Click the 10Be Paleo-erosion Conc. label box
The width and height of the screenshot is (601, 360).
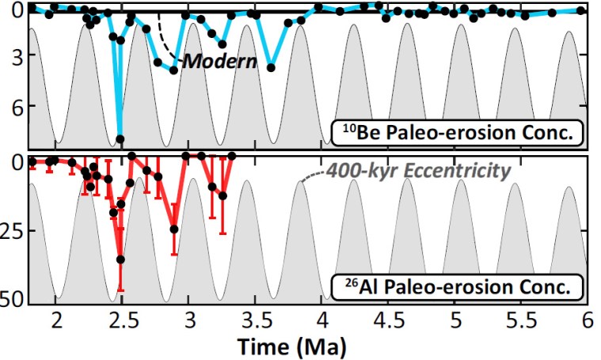point(457,131)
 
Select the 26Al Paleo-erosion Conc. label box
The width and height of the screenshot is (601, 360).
point(457,286)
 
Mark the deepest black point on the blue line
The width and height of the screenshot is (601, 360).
point(120,139)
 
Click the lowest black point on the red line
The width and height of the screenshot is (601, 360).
point(120,260)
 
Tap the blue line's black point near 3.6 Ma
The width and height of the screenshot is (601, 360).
point(271,68)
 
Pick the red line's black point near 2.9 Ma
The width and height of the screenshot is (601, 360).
point(174,229)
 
